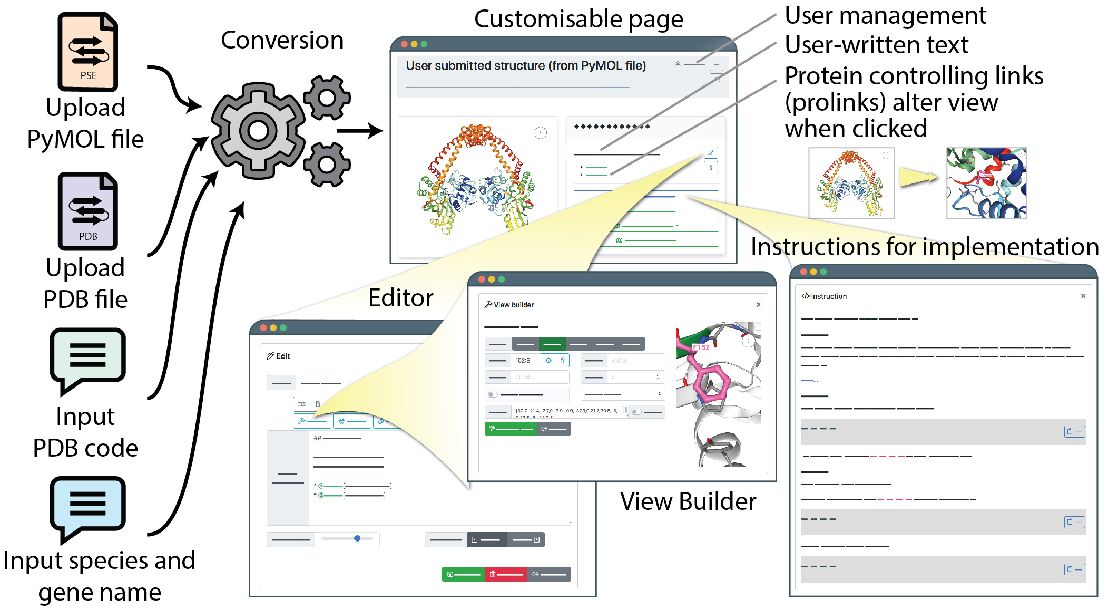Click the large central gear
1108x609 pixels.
pos(258,130)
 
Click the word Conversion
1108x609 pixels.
pos(282,41)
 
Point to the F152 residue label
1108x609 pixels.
pos(701,347)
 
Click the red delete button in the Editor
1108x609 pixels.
pos(506,574)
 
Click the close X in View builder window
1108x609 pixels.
pos(759,304)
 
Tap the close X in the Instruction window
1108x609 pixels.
pos(1083,296)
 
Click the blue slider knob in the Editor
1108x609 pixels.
pos(357,538)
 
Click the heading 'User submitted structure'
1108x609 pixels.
pos(525,65)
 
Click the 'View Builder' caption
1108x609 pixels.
pos(688,501)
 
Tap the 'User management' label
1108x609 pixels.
pos(885,15)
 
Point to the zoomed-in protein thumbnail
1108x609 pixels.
pos(986,183)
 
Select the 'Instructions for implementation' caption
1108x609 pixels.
pos(925,247)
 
